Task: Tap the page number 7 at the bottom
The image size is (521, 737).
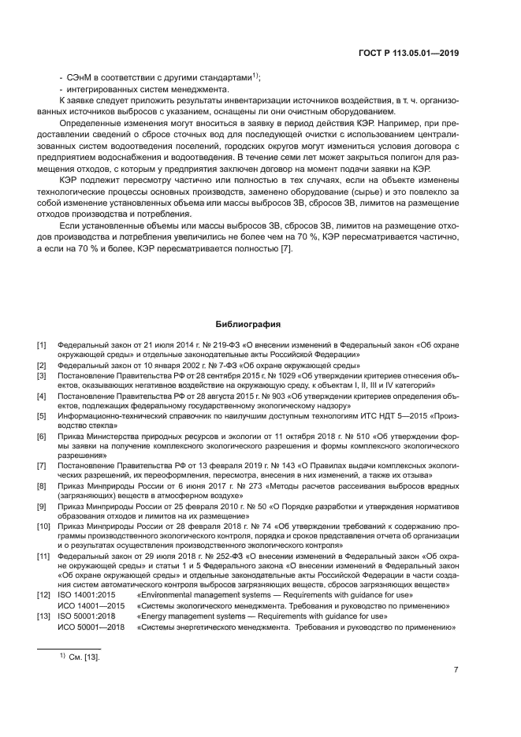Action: click(456, 670)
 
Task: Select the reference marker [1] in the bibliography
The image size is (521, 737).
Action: click(42, 345)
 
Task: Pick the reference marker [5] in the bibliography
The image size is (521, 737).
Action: click(42, 415)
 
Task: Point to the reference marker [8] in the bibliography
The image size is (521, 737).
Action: click(42, 486)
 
